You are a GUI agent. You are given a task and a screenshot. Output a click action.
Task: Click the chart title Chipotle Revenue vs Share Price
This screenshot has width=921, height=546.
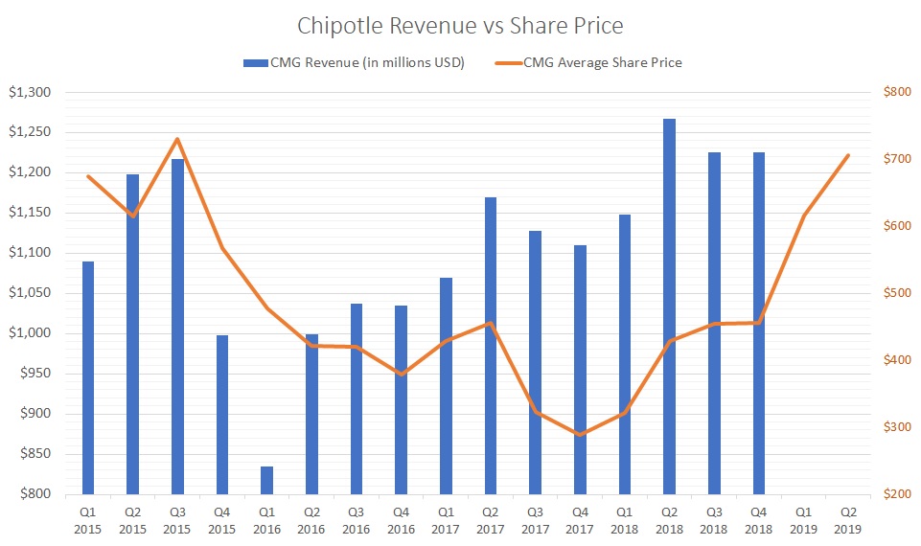tap(460, 25)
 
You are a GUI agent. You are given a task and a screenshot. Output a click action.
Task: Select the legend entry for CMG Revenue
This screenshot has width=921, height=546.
tap(354, 62)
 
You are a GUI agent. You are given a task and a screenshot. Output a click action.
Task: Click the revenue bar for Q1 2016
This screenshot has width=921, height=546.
tap(266, 480)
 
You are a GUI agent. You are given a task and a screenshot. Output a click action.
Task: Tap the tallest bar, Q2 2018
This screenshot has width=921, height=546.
tap(668, 307)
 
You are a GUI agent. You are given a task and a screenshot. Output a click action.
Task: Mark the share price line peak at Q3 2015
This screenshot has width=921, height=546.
tap(177, 139)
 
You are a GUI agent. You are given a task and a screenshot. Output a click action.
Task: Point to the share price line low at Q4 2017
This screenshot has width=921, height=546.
tap(579, 435)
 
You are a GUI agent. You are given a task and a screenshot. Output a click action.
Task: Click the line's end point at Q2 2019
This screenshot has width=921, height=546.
tap(847, 155)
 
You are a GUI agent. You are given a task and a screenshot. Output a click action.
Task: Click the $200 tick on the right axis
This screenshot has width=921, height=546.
tap(895, 494)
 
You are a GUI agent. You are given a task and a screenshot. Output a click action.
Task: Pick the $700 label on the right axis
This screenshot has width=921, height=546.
tap(895, 159)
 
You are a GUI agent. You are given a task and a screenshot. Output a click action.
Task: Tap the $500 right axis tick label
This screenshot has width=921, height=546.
tap(895, 293)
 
